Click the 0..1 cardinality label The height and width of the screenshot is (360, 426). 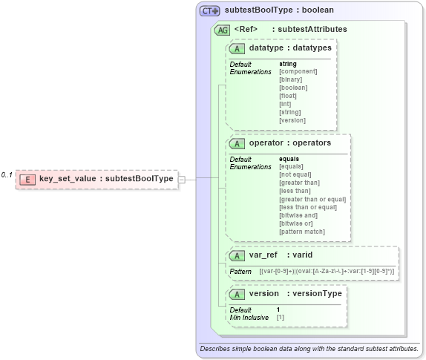[7, 174]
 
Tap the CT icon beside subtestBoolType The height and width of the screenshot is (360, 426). [209, 11]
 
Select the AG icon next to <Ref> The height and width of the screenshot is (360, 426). [221, 30]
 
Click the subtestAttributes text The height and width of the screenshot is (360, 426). [309, 30]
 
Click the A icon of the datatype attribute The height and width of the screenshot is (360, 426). [237, 48]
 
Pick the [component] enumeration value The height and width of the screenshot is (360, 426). [298, 71]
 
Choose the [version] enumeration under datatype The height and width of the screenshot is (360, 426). [292, 120]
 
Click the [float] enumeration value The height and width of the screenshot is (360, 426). [287, 96]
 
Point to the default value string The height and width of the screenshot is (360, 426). [287, 64]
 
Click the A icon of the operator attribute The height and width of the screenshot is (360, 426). [237, 143]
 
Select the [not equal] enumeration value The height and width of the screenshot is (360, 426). [296, 174]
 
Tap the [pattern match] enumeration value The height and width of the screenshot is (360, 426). [301, 232]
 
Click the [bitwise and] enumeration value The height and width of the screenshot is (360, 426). [299, 215]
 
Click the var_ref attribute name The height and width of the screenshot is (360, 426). [263, 255]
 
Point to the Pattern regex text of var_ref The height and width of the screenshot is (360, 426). [326, 272]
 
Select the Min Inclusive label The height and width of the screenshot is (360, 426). [249, 317]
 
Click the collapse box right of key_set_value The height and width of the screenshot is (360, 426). [182, 179]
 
